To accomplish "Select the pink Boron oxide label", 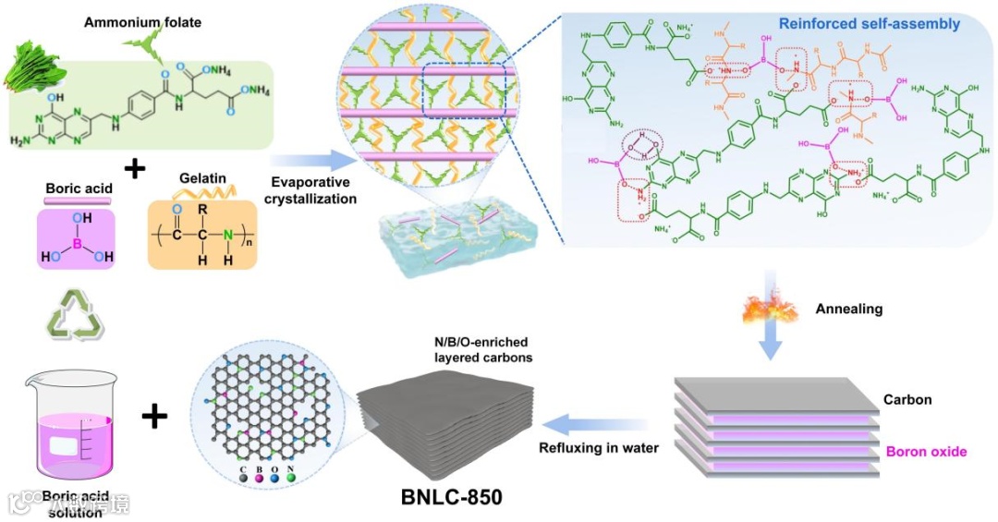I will point(926,452).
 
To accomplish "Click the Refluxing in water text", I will point(598,449).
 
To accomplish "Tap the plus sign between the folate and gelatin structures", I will point(136,169).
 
